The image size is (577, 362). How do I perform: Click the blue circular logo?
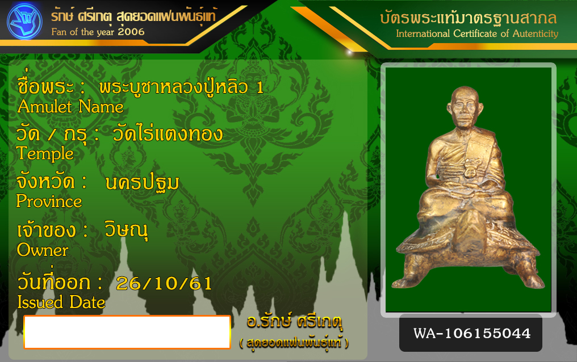click(x=24, y=21)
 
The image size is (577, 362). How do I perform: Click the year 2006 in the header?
click(x=131, y=32)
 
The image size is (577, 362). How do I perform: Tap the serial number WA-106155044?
click(x=472, y=333)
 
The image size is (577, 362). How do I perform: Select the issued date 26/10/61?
click(x=164, y=283)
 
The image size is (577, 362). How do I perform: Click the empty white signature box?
click(x=127, y=332)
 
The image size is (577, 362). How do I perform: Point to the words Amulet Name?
click(x=70, y=107)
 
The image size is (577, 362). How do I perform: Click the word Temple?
click(x=45, y=154)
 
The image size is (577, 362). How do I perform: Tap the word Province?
click(x=49, y=201)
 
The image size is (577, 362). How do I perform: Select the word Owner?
click(x=43, y=250)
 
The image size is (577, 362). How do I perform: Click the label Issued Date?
click(x=61, y=302)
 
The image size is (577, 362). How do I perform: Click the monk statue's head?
click(x=465, y=107)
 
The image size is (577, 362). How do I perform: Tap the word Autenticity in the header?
click(x=536, y=33)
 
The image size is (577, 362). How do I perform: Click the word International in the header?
click(x=423, y=33)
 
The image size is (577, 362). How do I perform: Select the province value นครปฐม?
click(x=142, y=183)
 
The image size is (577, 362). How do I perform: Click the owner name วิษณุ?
click(x=126, y=230)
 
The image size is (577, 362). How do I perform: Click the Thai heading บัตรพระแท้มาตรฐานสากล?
click(x=469, y=18)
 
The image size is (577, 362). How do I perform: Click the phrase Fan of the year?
click(x=83, y=32)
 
